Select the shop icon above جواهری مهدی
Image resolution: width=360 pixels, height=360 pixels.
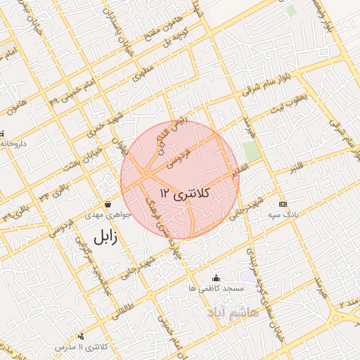[x=108, y=204]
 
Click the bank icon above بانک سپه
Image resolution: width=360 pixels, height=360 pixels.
[x=283, y=204]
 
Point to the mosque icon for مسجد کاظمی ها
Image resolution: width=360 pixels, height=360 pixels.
[x=216, y=278]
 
